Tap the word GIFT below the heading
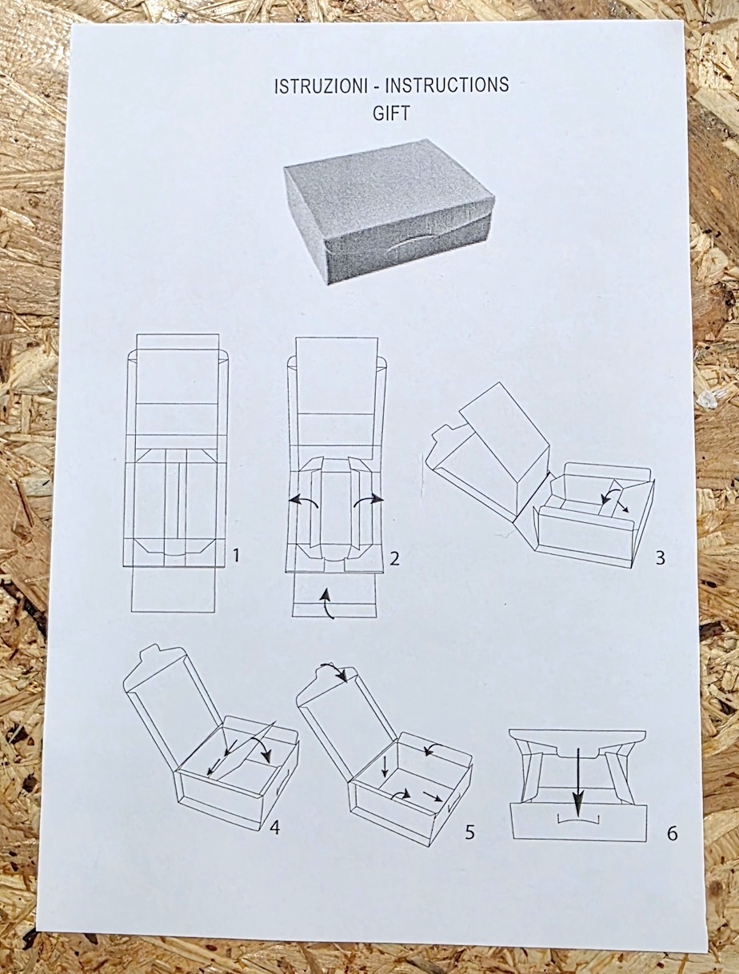391,113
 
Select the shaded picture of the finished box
389,210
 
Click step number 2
394,557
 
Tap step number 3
660,557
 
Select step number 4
274,828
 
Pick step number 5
469,832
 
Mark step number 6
672,833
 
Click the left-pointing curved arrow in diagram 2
302,501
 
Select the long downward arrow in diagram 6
579,780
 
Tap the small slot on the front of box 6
577,820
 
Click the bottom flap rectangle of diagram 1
174,590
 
